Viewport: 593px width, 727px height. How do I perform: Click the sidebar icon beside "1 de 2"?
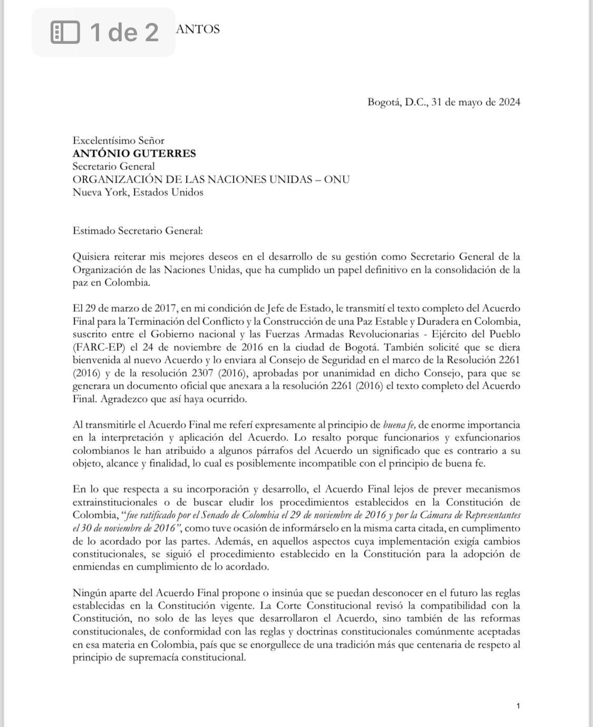(65, 32)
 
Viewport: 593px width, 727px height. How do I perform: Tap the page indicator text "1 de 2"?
(124, 32)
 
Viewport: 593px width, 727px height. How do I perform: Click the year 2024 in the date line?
(509, 102)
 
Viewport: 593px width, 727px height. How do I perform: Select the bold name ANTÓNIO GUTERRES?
(134, 153)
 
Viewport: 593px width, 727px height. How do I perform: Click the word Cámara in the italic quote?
(435, 515)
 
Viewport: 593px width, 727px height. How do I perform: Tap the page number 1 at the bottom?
(518, 706)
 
